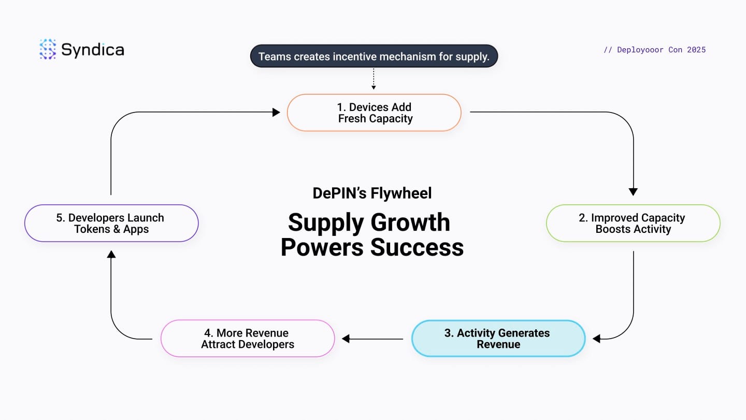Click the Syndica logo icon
48,49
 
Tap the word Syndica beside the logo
93,50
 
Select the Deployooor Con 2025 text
655,50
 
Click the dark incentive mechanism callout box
374,56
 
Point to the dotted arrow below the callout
374,79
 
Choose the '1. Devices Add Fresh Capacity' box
374,113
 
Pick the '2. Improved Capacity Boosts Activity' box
633,223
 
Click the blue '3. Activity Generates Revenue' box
498,339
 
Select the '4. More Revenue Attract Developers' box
248,339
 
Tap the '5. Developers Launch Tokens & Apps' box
111,223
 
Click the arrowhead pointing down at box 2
633,192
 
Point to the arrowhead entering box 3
596,339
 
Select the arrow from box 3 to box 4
372,339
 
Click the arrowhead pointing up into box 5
111,254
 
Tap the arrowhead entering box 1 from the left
276,113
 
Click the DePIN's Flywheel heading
372,193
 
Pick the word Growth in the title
410,222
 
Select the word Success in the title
417,247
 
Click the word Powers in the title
322,247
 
